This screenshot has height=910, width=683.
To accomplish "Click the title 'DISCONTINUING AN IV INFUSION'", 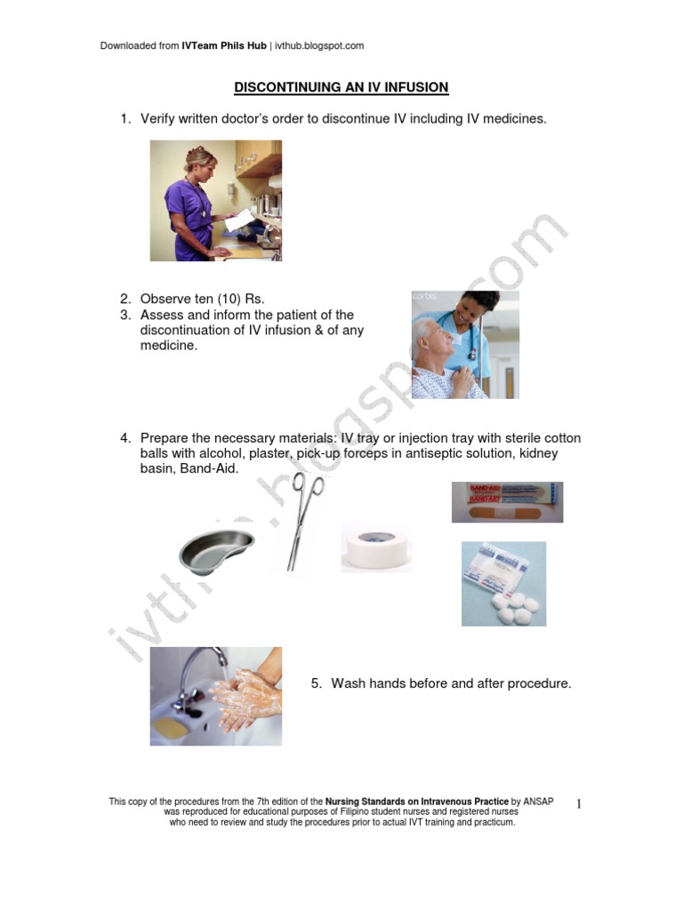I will click(341, 88).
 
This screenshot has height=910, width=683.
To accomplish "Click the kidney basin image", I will click(216, 550).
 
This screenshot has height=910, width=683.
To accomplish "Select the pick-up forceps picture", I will click(303, 521).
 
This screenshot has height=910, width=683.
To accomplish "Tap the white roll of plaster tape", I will click(375, 547).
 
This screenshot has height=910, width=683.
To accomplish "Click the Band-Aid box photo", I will click(507, 502).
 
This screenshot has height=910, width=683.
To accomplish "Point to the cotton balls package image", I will click(503, 584).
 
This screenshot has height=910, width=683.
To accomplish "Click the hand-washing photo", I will click(216, 696).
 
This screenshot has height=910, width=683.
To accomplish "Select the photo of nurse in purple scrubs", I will click(216, 200).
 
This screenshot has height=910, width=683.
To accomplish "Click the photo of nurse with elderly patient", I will click(464, 344).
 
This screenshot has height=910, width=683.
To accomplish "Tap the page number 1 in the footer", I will click(578, 804).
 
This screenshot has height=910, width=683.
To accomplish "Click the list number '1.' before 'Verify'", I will click(126, 118).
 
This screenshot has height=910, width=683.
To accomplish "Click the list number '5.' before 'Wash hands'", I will click(316, 683).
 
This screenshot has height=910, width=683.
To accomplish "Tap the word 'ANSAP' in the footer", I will click(538, 802).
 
